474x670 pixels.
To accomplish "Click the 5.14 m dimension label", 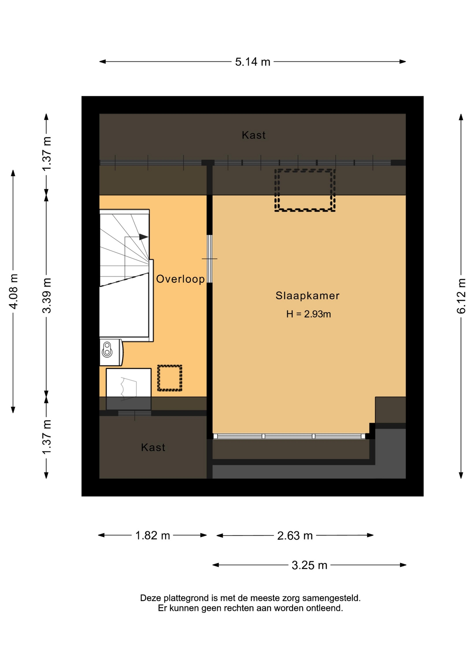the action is pos(252,62).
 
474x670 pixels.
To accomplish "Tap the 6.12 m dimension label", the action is pos(461,296).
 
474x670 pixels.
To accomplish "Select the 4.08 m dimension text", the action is pos(13,291).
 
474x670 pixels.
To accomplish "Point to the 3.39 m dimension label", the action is pos(46,296).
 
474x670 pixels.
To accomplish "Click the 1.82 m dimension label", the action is pos(153,535).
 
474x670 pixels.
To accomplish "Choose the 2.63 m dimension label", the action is pos(295,535).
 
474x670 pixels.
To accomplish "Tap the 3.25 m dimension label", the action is pos(310,565).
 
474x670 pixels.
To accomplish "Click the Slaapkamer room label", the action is pos(308,296).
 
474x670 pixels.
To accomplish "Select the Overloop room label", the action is pos(180,279).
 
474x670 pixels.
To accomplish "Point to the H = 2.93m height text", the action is pos(309,314).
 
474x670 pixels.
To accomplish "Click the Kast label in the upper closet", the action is pos(254,135).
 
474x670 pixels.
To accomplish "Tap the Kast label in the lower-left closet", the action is pos(153,447).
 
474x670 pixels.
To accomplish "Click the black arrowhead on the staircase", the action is pos(143,237).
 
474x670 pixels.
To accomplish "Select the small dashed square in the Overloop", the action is pos(170,378).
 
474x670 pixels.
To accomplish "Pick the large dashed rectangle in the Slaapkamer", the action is pos(305,190).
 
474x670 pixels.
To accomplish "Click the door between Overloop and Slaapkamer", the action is pos(210,259).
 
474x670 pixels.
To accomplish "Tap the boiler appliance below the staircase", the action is pos(111,352).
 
